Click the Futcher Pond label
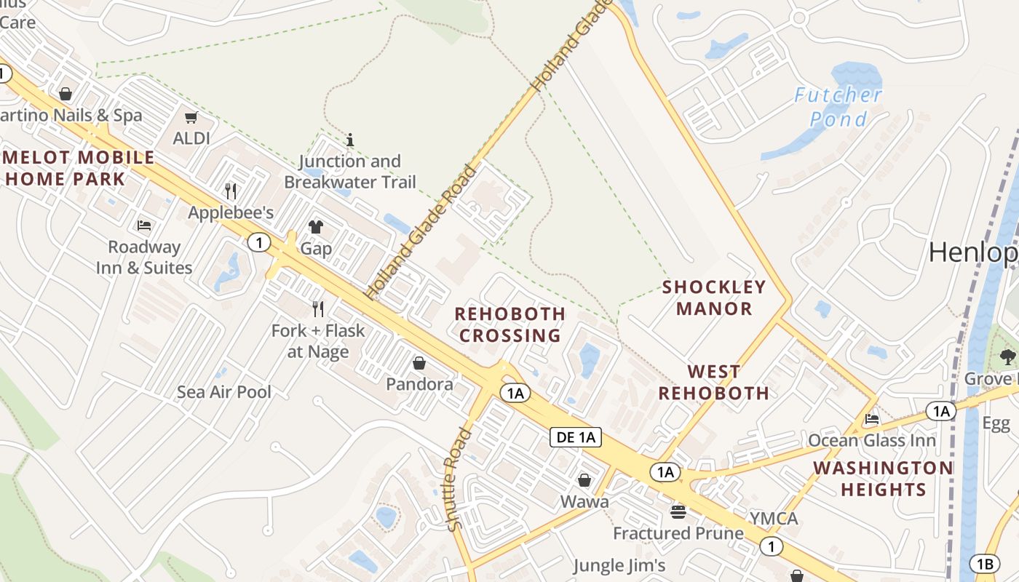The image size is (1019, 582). click(x=838, y=106)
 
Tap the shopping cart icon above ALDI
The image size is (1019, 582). click(x=191, y=117)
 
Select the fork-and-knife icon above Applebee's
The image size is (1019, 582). click(x=231, y=191)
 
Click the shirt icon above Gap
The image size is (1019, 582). click(x=316, y=227)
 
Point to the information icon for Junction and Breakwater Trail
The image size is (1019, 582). click(x=350, y=139)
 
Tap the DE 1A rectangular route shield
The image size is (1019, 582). click(x=576, y=437)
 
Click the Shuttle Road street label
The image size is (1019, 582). click(x=459, y=480)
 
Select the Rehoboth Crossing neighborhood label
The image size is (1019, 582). click(x=509, y=324)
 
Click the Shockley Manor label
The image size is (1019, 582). click(x=714, y=298)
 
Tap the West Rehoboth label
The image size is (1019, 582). click(x=714, y=383)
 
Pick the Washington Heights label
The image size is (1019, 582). click(x=883, y=479)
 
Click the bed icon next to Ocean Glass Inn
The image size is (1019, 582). click(x=871, y=419)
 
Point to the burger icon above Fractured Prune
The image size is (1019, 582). click(x=678, y=512)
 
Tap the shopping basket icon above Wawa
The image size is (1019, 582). click(x=584, y=480)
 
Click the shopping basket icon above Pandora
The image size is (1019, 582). click(x=419, y=362)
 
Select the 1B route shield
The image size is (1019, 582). click(x=985, y=564)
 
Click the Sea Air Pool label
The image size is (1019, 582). click(x=224, y=392)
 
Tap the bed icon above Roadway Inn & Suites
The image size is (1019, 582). click(x=144, y=226)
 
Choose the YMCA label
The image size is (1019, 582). click(x=774, y=519)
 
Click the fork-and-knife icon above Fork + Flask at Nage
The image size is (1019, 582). click(x=318, y=309)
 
